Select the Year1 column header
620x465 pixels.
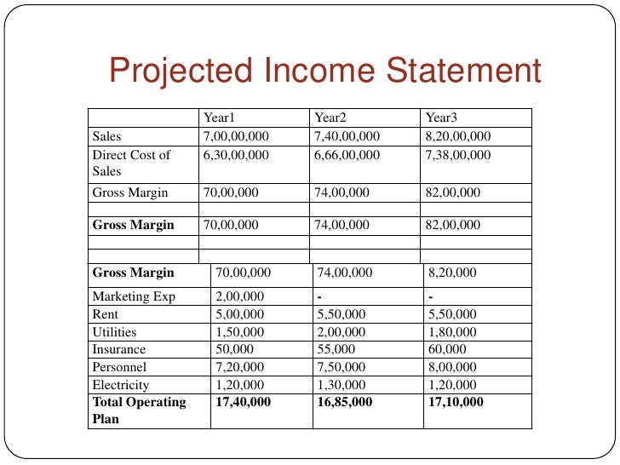click(219, 118)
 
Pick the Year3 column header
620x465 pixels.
click(442, 118)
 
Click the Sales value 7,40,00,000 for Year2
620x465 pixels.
click(347, 136)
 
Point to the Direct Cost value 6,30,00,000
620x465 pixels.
click(236, 155)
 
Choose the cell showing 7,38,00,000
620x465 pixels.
click(458, 155)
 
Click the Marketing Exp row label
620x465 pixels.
click(132, 296)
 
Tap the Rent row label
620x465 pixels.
click(106, 314)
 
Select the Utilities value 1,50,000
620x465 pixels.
click(240, 332)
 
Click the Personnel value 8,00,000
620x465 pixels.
click(452, 367)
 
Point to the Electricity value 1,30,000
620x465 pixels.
click(341, 385)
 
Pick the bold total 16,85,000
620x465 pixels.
click(345, 402)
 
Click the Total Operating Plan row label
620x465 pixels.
click(138, 410)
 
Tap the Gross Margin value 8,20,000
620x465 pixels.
click(452, 273)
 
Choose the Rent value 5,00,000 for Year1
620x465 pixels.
click(240, 314)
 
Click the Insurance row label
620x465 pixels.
click(119, 349)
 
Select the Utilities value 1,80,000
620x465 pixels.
click(452, 332)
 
